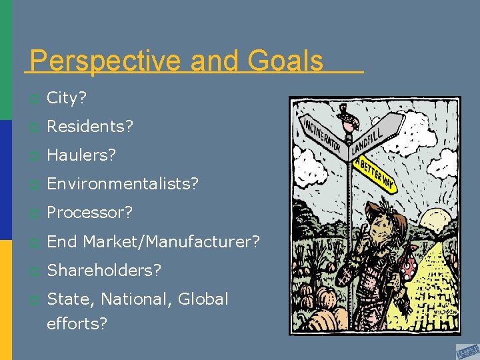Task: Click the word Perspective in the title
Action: pos(107,61)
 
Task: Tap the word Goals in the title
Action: pos(285,61)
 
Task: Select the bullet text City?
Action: pos(67,99)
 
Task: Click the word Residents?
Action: pos(90,127)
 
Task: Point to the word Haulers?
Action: pos(81,155)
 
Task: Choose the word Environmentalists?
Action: pos(123,184)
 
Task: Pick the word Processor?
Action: pos(90,213)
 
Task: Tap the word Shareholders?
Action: pos(104,270)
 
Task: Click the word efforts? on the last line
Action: pos(77,324)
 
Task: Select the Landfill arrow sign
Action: pos(377,133)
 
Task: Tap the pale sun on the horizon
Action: pos(438,220)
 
